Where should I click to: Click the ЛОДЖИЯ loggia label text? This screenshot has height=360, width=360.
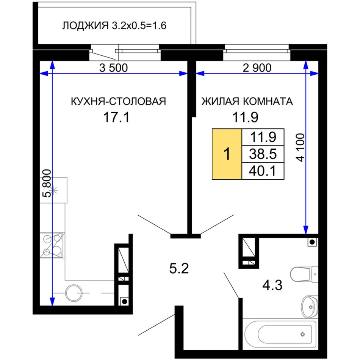(85, 26)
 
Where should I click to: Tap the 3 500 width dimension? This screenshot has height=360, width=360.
(113, 68)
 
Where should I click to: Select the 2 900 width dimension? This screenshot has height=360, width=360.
(257, 68)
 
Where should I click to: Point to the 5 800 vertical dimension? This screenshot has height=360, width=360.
(47, 183)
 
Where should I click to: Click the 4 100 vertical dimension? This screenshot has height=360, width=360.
(301, 147)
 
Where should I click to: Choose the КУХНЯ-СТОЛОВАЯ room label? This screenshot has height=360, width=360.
(118, 101)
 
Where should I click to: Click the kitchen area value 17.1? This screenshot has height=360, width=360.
(116, 117)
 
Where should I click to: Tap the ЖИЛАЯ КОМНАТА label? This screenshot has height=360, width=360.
(247, 101)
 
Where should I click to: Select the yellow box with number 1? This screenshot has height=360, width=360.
(227, 154)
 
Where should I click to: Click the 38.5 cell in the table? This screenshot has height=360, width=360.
(263, 154)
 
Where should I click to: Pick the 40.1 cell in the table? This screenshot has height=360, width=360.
(263, 171)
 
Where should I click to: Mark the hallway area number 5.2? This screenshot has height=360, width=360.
(179, 268)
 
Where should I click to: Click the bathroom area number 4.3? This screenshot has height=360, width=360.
(272, 285)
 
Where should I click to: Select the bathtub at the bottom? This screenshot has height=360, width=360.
(280, 334)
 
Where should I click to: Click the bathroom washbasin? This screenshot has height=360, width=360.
(310, 307)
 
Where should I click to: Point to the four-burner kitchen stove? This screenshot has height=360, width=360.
(52, 245)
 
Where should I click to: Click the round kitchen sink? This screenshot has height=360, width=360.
(74, 293)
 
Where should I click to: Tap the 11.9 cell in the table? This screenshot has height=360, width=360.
(263, 137)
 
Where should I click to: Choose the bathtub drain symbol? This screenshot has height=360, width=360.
(303, 334)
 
